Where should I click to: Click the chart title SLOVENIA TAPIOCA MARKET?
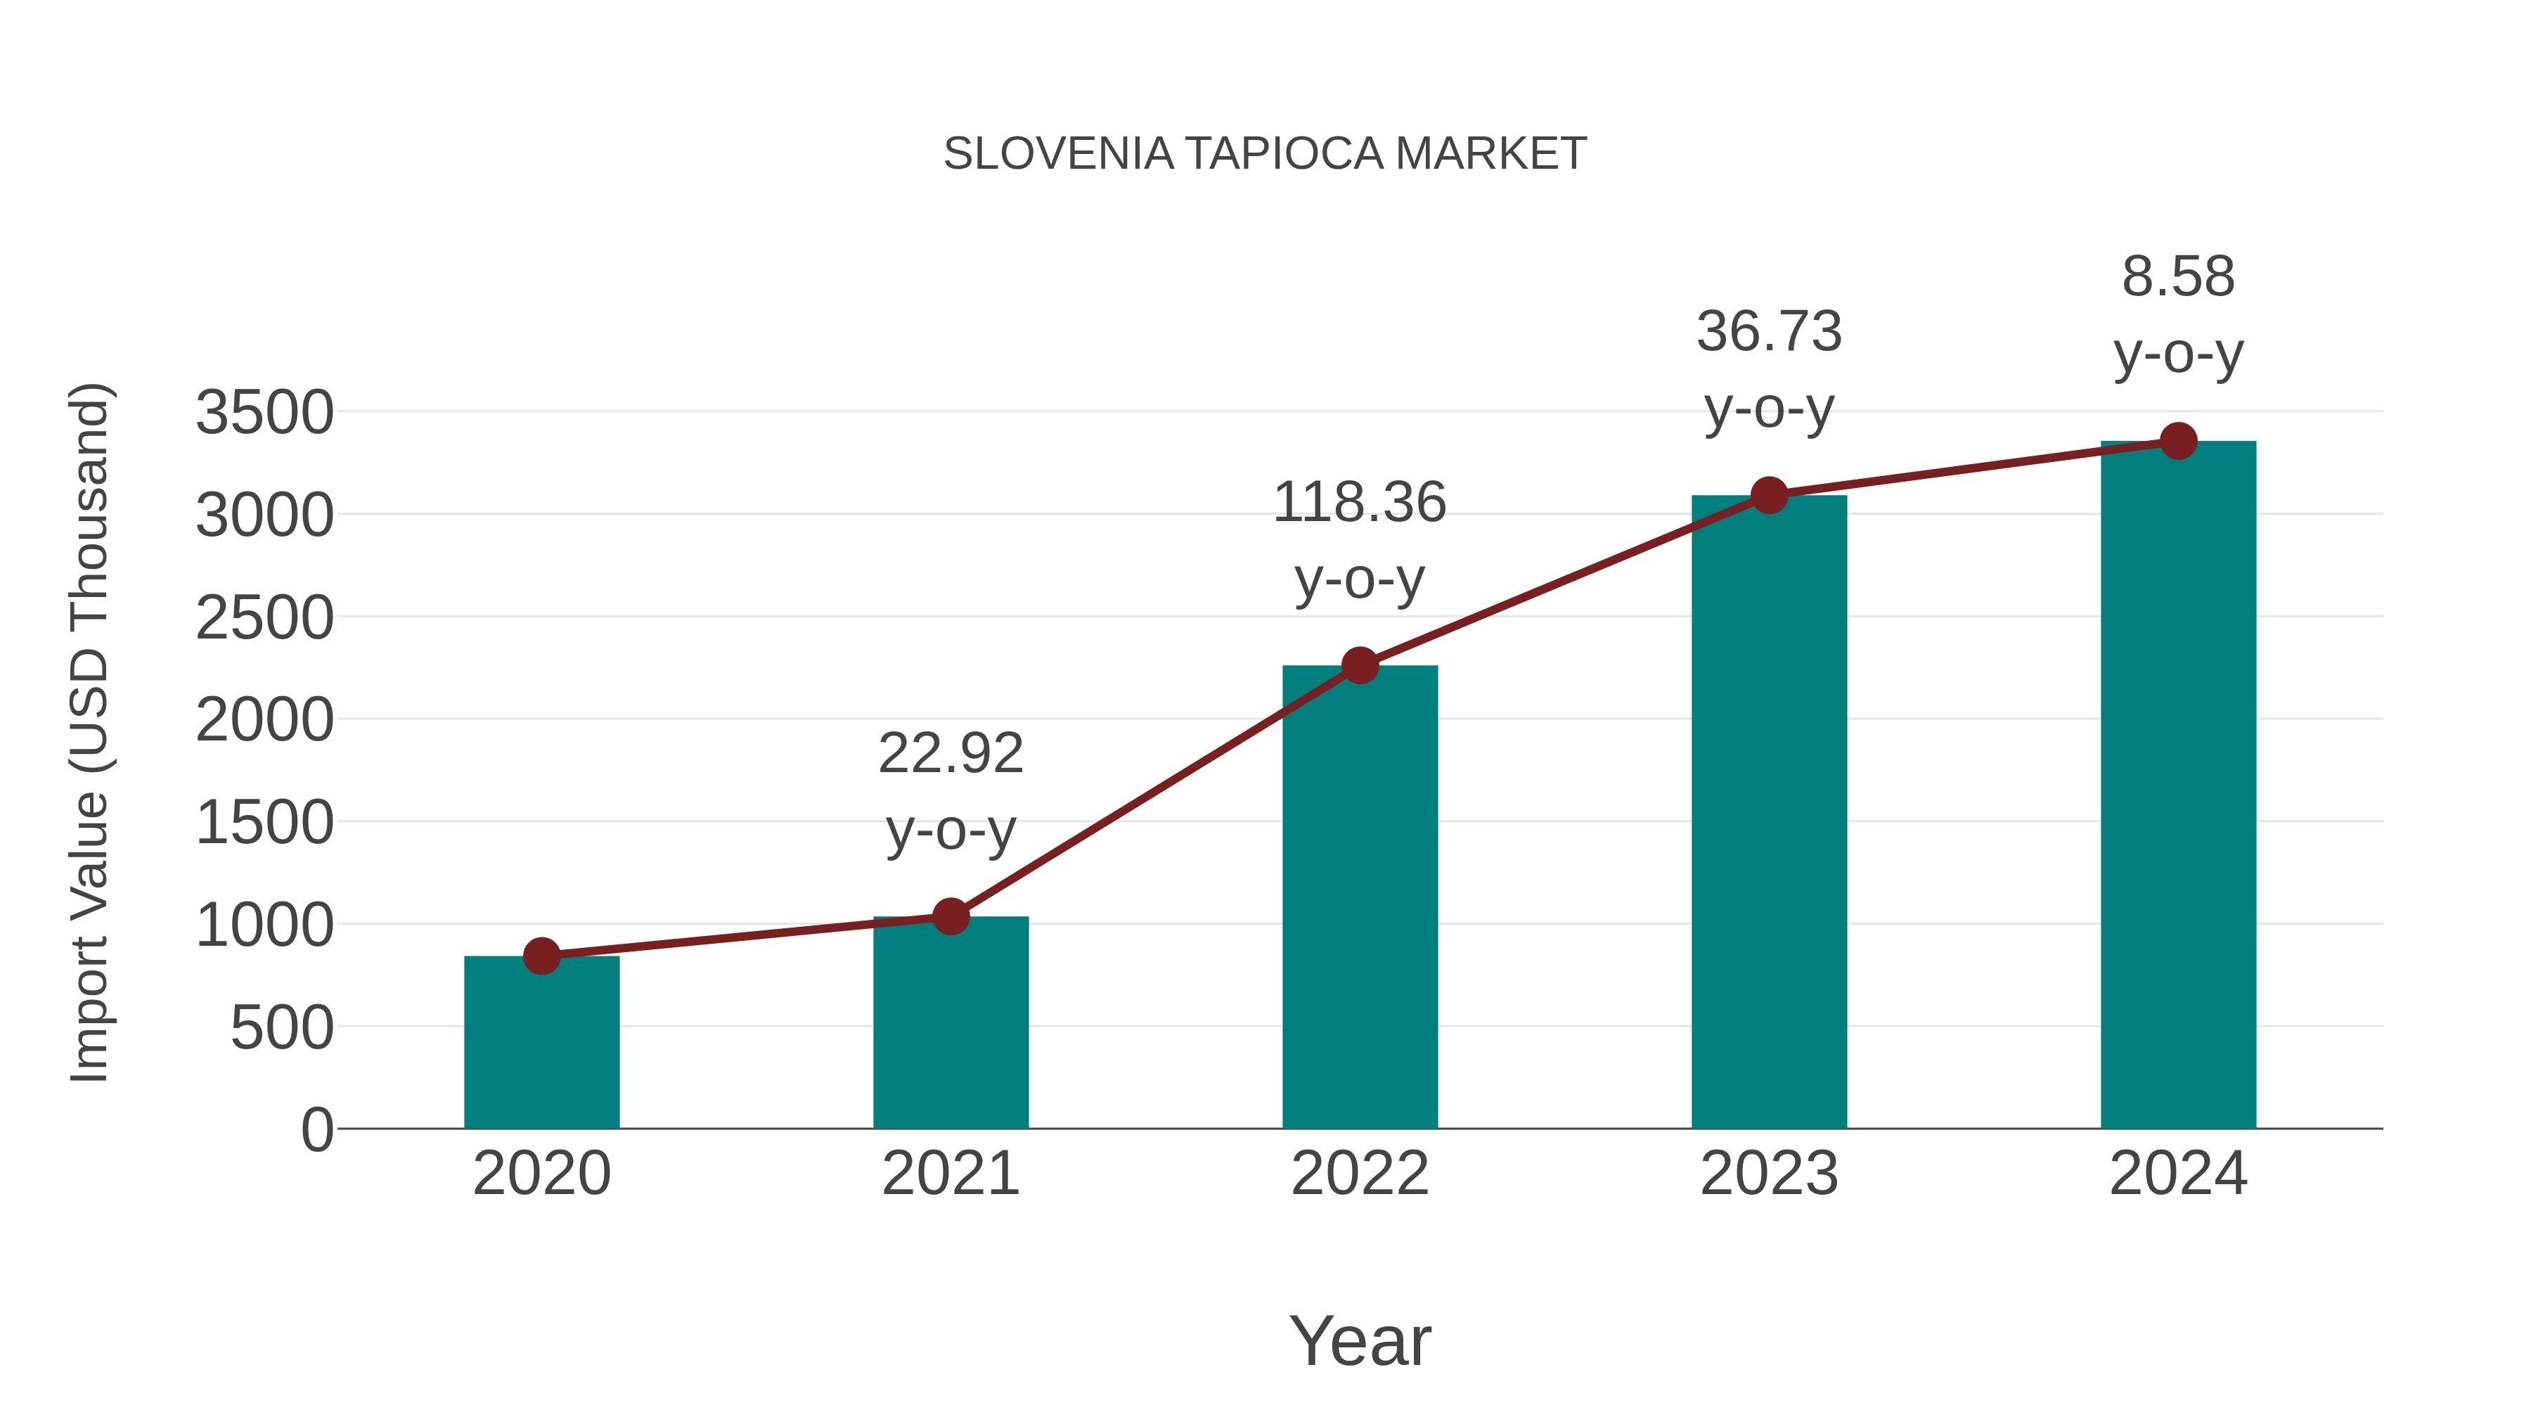click(1265, 153)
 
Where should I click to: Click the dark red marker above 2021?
click(950, 916)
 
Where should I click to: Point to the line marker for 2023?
click(1769, 495)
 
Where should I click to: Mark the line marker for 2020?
click(541, 955)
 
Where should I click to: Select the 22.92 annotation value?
click(950, 754)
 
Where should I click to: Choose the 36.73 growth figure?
click(1769, 331)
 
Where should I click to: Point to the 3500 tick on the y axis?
click(264, 412)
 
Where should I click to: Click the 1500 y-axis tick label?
click(264, 823)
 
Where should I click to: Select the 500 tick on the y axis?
click(282, 1028)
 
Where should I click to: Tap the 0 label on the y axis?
click(317, 1129)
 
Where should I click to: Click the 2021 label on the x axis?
click(950, 1174)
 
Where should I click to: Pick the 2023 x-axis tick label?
click(1769, 1174)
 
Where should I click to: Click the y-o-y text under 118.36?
click(1359, 580)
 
